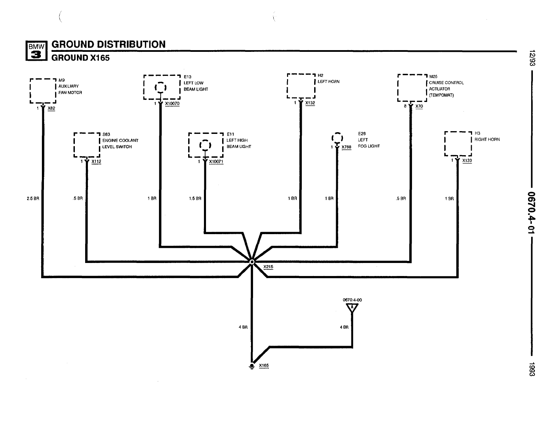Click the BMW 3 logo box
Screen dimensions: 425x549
(x=36, y=50)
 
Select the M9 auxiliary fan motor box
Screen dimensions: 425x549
(x=43, y=91)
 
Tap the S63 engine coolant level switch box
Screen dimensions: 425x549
(x=87, y=145)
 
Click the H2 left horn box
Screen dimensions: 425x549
(x=301, y=85)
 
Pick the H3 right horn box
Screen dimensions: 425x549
(x=458, y=143)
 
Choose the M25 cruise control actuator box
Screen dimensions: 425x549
(x=412, y=88)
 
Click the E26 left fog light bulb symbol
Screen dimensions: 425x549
(x=337, y=138)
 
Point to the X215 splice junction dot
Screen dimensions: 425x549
(x=252, y=262)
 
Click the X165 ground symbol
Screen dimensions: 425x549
(x=252, y=366)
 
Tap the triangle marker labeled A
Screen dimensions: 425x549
(x=352, y=308)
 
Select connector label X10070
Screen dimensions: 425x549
(x=172, y=103)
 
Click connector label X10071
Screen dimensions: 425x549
(x=216, y=161)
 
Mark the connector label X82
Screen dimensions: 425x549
(x=51, y=108)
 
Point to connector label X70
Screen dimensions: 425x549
(x=419, y=106)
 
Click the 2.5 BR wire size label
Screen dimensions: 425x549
(x=33, y=198)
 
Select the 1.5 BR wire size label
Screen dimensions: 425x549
(x=195, y=198)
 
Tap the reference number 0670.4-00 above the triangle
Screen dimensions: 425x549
(x=352, y=300)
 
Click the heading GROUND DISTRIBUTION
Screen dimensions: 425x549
(x=108, y=44)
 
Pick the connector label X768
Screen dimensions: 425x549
(x=346, y=147)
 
